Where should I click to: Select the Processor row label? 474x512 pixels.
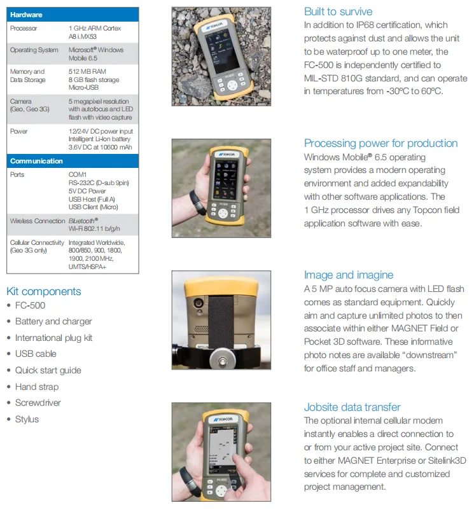24,29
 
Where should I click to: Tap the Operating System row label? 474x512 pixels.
34,50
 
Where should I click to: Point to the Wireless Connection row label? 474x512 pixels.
38,221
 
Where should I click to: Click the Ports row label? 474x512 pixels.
17,174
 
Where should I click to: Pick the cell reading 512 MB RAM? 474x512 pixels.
88,72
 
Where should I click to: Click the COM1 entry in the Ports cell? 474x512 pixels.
78,174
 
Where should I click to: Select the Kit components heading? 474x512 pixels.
44,291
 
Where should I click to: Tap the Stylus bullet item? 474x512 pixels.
27,419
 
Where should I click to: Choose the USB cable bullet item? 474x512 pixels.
36,354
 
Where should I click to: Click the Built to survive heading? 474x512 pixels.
338,11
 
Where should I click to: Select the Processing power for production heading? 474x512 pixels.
380,143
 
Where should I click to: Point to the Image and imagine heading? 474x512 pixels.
348,275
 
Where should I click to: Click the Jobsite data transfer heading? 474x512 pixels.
352,407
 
